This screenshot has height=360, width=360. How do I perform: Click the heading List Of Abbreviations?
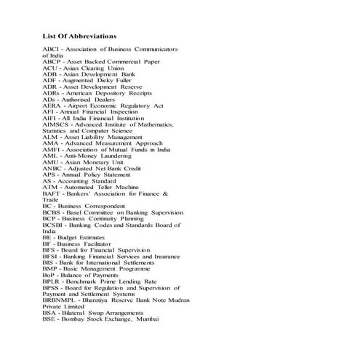(79, 36)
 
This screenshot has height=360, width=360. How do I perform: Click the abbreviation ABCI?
(52, 49)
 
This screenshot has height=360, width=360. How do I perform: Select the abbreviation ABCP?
(52, 62)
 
